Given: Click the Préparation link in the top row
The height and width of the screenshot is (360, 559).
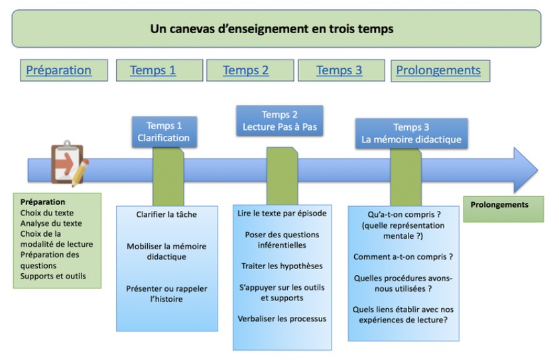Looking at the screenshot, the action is click(59, 70).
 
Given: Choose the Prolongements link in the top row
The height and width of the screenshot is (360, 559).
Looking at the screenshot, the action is click(438, 70).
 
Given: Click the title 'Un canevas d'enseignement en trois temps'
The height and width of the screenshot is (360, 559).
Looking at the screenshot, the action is click(272, 29).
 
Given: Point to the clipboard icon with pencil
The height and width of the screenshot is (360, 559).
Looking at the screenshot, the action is click(70, 164).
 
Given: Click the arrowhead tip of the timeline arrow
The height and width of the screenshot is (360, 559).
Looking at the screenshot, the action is click(538, 170).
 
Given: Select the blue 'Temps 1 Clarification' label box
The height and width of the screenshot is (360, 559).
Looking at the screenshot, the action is click(164, 132).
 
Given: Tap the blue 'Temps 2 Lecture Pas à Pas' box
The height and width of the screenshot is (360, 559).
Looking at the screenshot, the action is click(280, 121).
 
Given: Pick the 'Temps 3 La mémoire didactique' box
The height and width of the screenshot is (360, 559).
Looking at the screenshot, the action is click(411, 133).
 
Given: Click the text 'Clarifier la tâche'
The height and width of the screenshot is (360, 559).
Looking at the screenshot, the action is click(166, 214).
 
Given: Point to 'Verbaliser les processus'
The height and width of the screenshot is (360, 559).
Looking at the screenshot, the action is click(282, 319).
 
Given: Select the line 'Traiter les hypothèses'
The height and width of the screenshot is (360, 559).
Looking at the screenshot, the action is click(282, 266).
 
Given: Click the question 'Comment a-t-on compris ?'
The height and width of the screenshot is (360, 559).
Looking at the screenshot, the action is click(403, 257).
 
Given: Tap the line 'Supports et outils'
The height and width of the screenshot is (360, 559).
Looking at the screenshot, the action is click(53, 276).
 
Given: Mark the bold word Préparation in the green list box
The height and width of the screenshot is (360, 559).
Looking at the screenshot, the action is click(43, 202).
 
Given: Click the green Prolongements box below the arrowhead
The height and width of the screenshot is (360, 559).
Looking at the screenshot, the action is click(503, 210).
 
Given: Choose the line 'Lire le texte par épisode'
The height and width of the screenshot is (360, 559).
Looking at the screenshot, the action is click(282, 213).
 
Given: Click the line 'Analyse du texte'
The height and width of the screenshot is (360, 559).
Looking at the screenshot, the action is click(51, 223).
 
